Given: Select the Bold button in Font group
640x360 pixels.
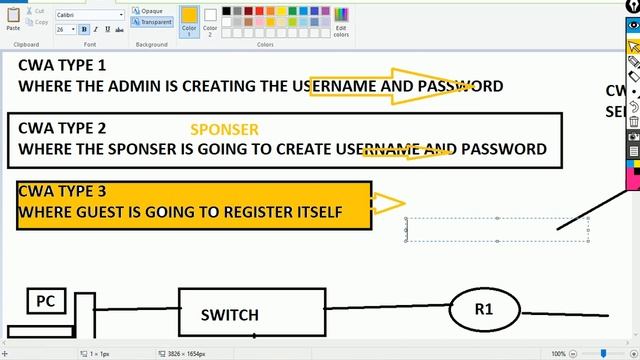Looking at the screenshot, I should point(82,30).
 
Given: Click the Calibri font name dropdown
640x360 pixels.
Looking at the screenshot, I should point(90,16).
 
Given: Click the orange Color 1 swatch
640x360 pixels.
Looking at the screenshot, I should point(189,19).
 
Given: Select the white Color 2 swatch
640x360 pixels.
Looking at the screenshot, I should point(210,19).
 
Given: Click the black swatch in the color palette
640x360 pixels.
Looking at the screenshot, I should point(228,11).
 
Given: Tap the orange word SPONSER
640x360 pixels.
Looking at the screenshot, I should point(224,130).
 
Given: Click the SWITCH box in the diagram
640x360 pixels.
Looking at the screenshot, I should point(230,314).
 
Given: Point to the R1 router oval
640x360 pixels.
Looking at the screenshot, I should point(484,310).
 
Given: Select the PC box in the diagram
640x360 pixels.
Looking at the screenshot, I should point(45,300).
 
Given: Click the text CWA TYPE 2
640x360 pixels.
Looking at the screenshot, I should point(62,128).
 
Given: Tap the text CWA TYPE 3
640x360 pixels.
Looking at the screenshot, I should point(62,191).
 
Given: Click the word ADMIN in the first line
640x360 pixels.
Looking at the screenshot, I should point(147,86).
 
